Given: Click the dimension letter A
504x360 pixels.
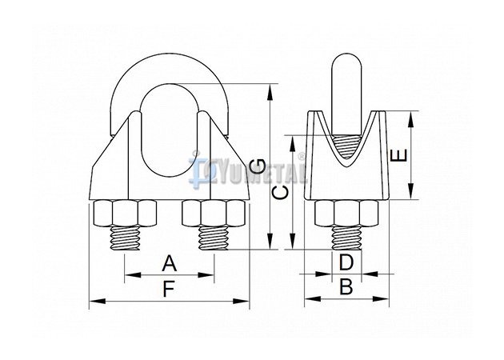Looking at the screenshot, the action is tap(170, 263).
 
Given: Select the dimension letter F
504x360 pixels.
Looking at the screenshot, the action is tap(169, 289).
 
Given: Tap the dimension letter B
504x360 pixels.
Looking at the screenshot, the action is tap(346, 286).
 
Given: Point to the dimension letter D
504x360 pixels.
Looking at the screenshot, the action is tap(346, 262).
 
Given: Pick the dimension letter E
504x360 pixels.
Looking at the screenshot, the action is tap(398, 155).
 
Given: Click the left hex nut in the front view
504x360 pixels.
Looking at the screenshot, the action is tap(125, 214).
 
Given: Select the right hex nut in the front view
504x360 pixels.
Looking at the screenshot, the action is tap(214, 214).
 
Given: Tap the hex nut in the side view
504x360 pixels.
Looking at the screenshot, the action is tap(346, 213).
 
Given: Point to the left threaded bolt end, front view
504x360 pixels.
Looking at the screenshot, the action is tap(125, 238).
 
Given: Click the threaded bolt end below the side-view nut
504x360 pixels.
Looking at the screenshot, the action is tap(346, 238).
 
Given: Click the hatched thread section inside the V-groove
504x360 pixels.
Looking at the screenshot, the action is tap(346, 146).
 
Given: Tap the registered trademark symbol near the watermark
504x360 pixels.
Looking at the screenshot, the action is tap(301, 156).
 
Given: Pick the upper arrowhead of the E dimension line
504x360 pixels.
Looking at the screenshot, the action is tap(410, 119).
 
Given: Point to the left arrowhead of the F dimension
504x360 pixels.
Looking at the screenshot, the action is tap(98, 301).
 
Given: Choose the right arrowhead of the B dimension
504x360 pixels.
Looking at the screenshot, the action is tap(381, 298).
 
